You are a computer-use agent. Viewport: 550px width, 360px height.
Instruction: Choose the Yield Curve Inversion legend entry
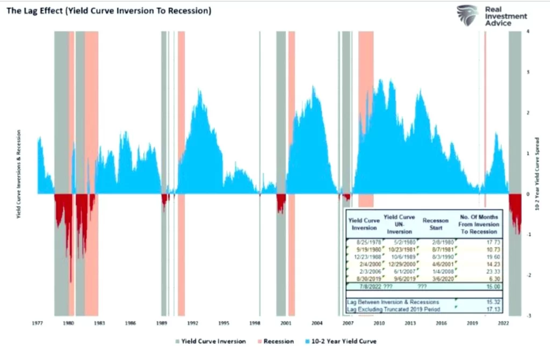pyautogui.click(x=211, y=341)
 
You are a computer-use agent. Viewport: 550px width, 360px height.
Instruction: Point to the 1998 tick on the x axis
pyautogui.click(x=255, y=324)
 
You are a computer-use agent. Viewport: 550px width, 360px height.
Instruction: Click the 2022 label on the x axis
pyautogui.click(x=503, y=324)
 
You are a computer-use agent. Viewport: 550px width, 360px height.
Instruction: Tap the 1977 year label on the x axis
pyautogui.click(x=37, y=324)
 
